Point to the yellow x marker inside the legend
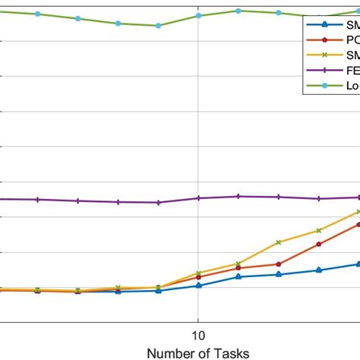(x=325, y=55)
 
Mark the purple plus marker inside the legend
(x=325, y=70)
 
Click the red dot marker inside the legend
(x=325, y=39)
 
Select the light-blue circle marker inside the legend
(x=325, y=86)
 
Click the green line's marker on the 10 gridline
(x=198, y=15)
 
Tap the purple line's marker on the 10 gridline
(x=198, y=198)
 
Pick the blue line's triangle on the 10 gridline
(x=198, y=286)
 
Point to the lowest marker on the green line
(x=158, y=26)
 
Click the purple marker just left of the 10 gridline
(x=158, y=203)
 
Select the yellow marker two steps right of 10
(x=278, y=242)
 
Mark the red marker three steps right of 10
(x=318, y=244)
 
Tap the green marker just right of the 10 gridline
(x=238, y=11)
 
